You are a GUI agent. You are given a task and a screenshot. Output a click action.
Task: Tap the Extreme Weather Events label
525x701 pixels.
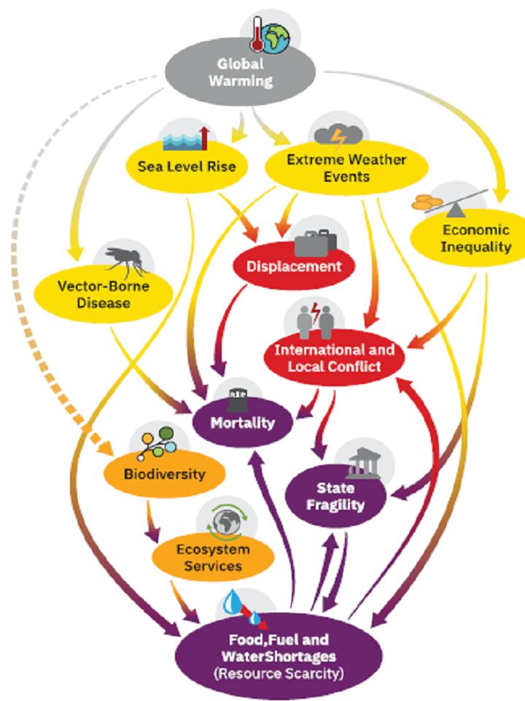coord(335,167)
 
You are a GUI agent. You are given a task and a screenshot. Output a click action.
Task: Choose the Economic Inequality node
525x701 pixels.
coord(466,238)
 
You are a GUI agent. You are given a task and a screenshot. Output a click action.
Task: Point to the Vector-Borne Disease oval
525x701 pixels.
coord(104,292)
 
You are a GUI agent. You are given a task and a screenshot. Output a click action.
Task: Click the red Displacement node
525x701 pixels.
coord(293,266)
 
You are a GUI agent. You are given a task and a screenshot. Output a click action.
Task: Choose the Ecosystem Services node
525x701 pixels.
coord(213,556)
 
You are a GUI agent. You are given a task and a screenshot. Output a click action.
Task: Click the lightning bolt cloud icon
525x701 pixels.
coord(335,136)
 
